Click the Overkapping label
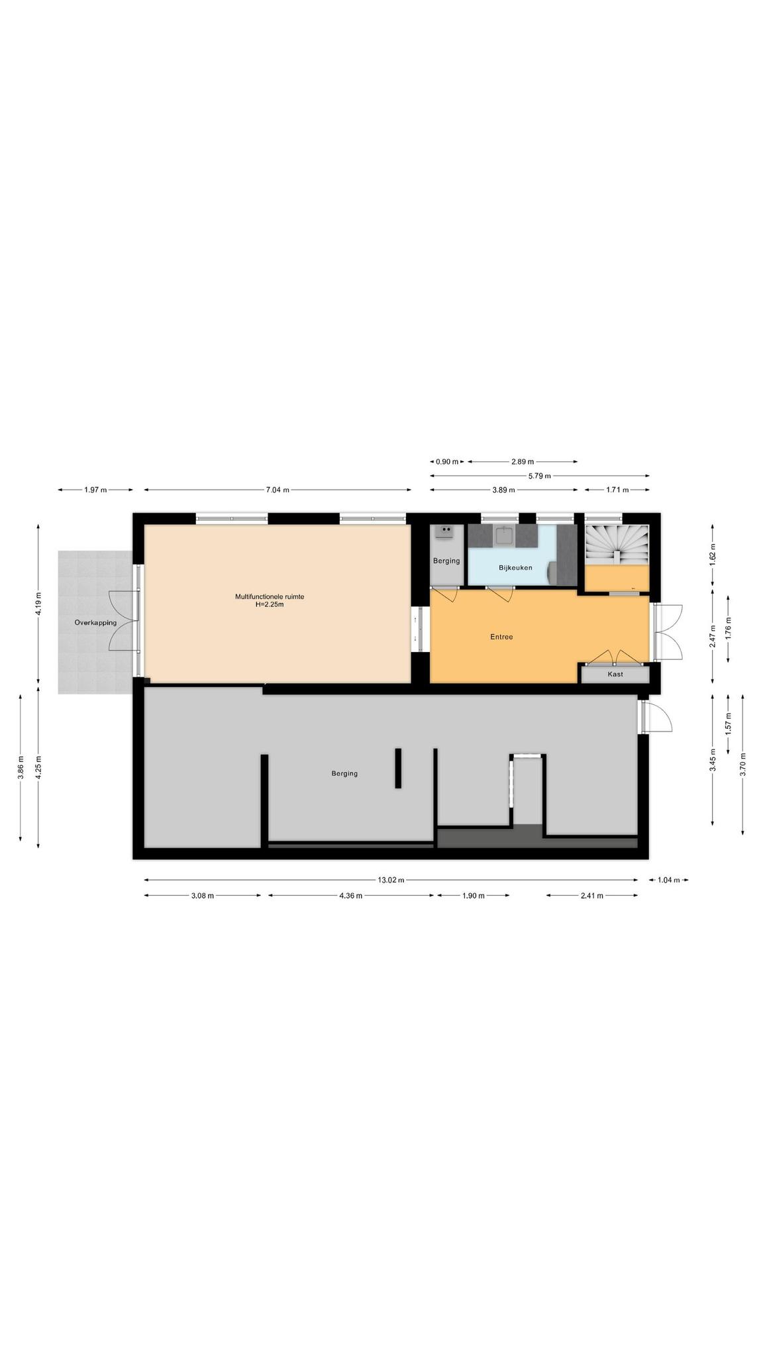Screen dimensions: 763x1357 point(95,623)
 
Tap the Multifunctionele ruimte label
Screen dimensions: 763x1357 point(270,596)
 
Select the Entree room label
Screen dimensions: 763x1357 point(501,637)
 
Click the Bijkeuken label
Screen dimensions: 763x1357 point(515,567)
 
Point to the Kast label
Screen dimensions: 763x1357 point(615,675)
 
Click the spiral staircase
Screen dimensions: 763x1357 point(616,545)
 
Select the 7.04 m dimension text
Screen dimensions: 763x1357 point(278,490)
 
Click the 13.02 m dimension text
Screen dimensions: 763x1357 point(391,880)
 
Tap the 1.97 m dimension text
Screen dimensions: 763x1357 point(95,490)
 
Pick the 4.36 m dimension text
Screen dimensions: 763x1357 point(350,896)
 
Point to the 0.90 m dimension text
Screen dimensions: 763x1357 point(446,461)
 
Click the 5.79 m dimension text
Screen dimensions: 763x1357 point(539,475)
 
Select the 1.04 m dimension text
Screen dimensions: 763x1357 point(669,880)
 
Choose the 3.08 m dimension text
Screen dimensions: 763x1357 point(202,896)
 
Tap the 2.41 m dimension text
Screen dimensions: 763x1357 point(591,896)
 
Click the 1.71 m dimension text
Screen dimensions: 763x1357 point(617,490)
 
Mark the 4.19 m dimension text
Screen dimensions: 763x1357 point(38,603)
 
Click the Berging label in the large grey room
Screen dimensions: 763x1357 point(344,773)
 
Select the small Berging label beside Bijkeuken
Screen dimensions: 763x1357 point(446,561)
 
